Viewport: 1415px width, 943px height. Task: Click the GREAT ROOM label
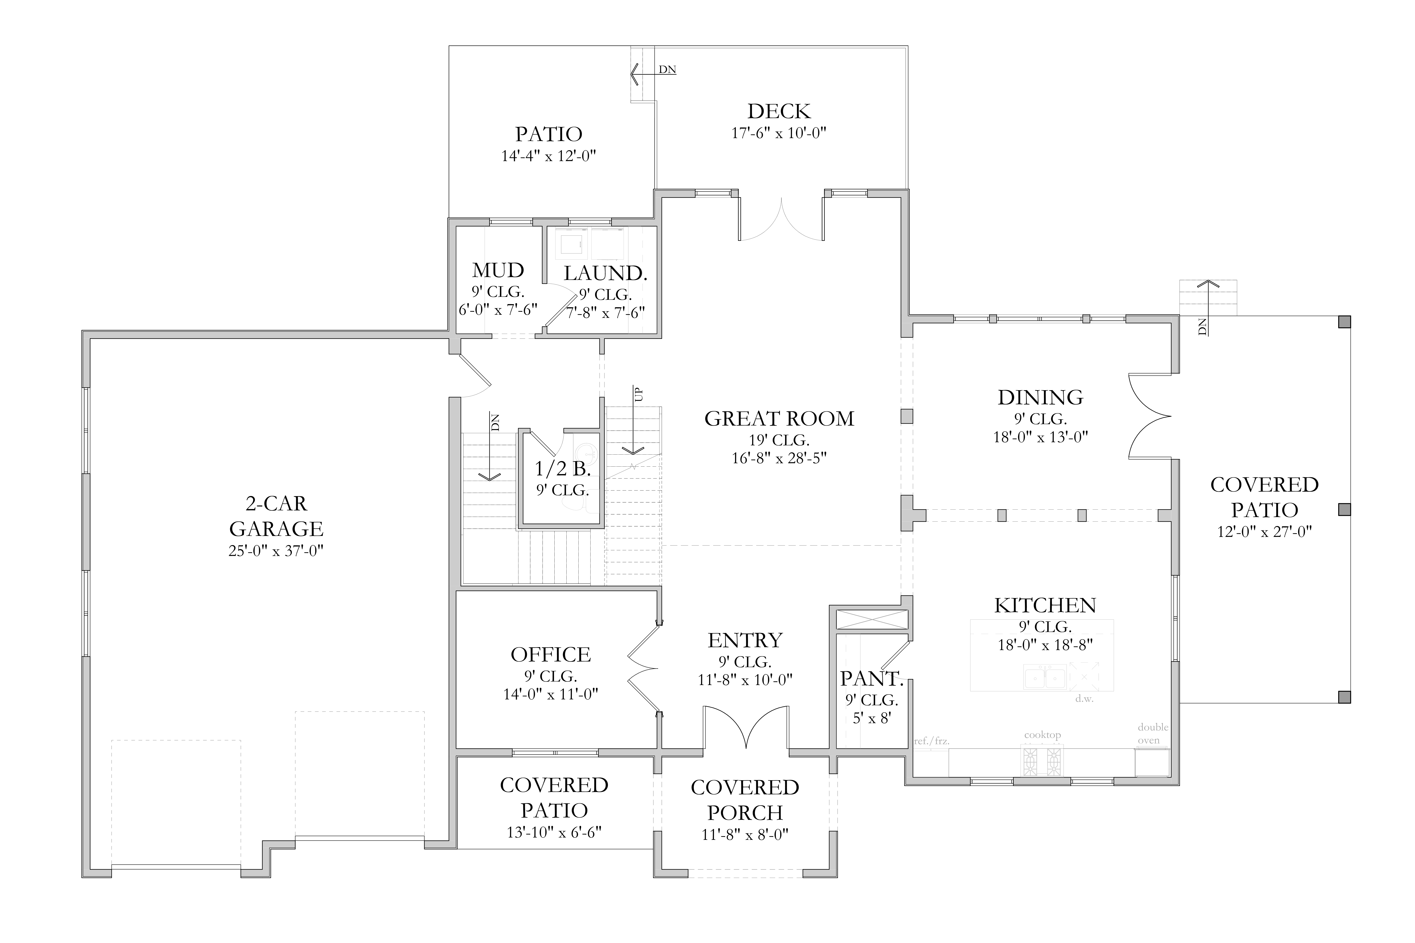[779, 419]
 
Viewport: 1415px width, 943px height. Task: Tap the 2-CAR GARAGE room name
[276, 516]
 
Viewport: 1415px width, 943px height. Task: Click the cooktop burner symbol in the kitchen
[1042, 761]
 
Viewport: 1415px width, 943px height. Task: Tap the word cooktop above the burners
[1043, 735]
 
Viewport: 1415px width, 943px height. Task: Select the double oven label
[1153, 734]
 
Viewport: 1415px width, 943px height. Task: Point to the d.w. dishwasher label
[1084, 699]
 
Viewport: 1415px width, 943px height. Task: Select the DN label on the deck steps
[667, 70]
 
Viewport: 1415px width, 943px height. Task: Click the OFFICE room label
[550, 654]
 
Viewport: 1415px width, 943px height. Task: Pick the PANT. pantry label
[872, 679]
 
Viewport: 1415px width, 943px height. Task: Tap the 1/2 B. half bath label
[562, 469]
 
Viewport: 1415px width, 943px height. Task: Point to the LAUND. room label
[605, 274]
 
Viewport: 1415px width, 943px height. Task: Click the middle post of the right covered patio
[1344, 509]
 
